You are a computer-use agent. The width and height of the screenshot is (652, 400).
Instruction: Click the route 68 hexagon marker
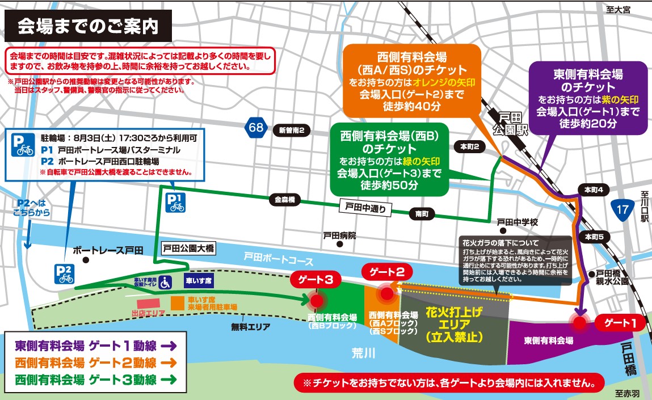pos(256,127)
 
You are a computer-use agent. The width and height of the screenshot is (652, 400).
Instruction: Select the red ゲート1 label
pos(620,323)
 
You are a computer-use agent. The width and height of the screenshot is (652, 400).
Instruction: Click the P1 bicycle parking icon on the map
pos(175,201)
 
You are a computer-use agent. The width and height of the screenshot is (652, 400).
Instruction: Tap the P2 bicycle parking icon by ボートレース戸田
pos(64,273)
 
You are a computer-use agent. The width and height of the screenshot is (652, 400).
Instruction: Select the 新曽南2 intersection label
pos(292,130)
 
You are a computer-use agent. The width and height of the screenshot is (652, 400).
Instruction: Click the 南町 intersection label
pos(422,214)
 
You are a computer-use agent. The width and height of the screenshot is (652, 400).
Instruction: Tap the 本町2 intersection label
pos(470,147)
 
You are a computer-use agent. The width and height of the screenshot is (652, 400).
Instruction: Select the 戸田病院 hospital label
pos(339,235)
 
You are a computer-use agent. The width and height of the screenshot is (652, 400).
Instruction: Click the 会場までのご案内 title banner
pos(88,27)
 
